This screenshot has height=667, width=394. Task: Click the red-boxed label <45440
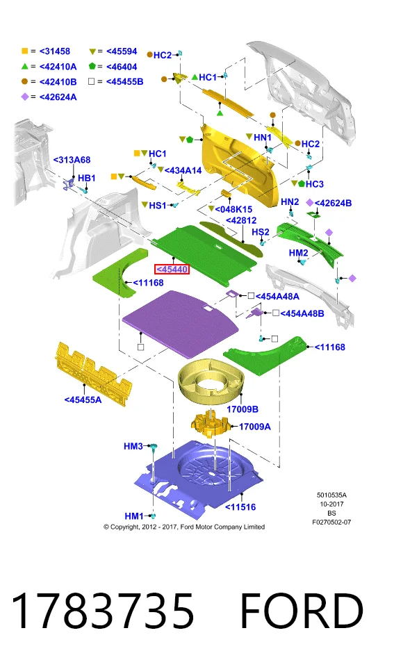click(172, 270)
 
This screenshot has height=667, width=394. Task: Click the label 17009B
click(242, 409)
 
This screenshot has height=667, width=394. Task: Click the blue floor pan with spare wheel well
click(199, 479)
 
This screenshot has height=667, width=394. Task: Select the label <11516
click(240, 507)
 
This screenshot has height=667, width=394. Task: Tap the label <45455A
click(83, 400)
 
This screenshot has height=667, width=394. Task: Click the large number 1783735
click(102, 611)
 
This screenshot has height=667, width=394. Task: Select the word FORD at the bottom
click(302, 611)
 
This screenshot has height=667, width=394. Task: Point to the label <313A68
click(72, 160)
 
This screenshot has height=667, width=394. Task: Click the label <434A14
click(183, 170)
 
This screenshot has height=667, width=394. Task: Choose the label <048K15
click(233, 209)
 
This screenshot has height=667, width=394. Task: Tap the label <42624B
click(333, 203)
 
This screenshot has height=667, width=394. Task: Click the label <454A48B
click(302, 313)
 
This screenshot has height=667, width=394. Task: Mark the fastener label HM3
click(133, 446)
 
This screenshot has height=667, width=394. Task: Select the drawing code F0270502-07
click(331, 522)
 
